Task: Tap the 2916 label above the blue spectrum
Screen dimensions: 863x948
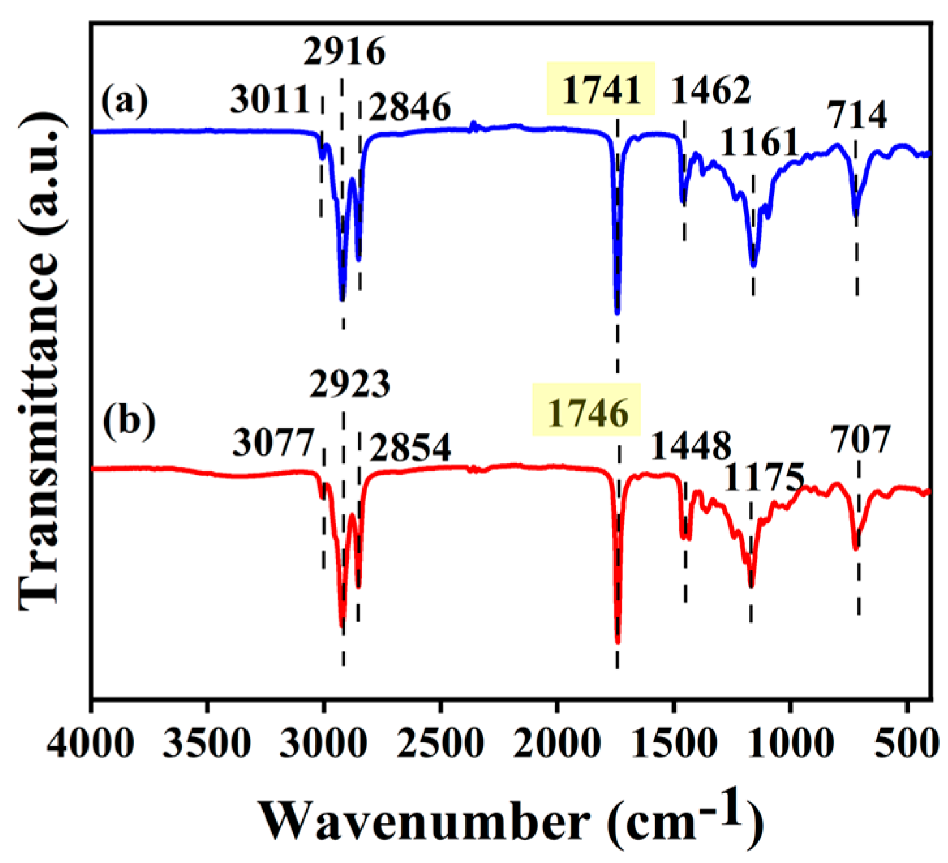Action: tap(345, 51)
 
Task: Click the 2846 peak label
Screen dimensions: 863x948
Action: tap(410, 107)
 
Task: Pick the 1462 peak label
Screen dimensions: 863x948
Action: tap(711, 90)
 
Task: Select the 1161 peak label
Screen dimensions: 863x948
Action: tap(760, 141)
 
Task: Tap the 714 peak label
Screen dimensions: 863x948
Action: tap(857, 115)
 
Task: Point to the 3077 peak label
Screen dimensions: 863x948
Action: tap(274, 443)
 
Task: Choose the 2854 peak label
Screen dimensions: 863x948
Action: tap(410, 447)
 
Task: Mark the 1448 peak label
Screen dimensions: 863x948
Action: tap(691, 446)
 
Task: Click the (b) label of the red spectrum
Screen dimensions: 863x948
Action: tap(129, 420)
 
